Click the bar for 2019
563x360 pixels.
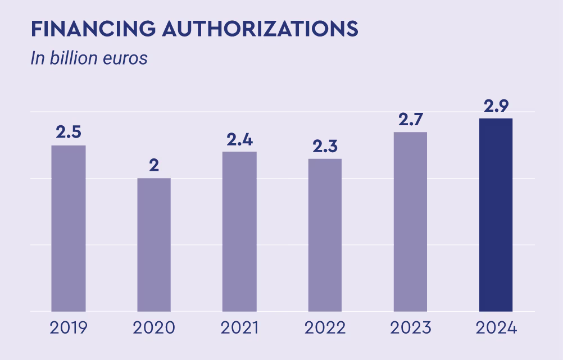[x=69, y=228]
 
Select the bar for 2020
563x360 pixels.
[x=154, y=244]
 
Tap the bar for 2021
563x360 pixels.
[x=239, y=231]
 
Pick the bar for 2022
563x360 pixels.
[x=325, y=235]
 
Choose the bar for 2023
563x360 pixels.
[x=410, y=221]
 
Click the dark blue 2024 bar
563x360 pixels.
[x=496, y=215]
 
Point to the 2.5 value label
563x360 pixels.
[x=69, y=133]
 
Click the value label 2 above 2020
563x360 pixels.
[x=154, y=166]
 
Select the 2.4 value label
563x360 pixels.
[x=239, y=139]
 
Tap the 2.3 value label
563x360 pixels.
[x=325, y=146]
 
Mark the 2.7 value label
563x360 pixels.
[x=410, y=120]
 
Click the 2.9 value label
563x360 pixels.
[x=496, y=106]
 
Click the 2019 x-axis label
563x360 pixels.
[x=69, y=327]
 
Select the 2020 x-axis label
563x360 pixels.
[x=154, y=327]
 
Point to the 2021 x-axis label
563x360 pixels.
[x=239, y=327]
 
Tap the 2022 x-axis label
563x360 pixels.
[x=325, y=327]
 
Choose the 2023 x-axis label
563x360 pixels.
[x=410, y=327]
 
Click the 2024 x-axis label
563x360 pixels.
[x=496, y=327]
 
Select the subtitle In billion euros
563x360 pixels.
[x=89, y=58]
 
